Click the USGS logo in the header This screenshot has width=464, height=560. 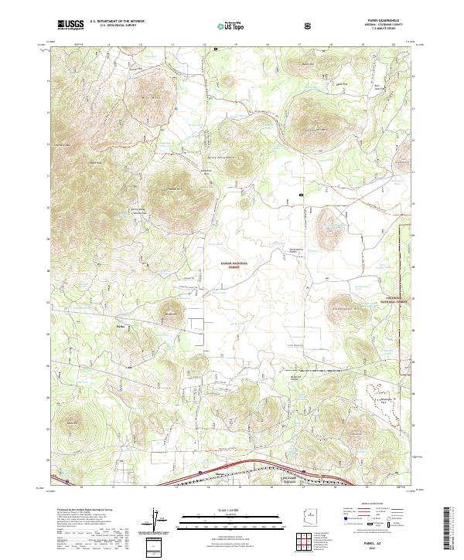point(70,25)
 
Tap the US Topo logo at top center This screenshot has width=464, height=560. point(224,25)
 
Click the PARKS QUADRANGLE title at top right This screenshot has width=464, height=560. point(377,22)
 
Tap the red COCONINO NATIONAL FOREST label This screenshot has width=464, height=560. point(394,299)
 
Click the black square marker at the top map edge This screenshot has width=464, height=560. point(216,49)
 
